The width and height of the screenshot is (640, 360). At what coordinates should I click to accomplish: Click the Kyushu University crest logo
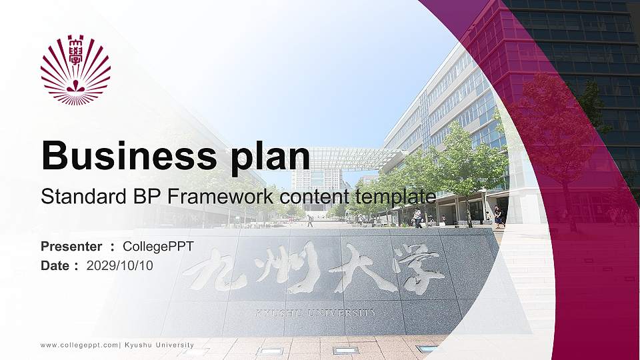[75, 70]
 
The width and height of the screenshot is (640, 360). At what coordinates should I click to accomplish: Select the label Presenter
[71, 247]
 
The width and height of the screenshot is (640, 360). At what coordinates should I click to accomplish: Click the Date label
[55, 265]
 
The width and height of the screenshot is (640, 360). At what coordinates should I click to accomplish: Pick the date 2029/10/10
[120, 265]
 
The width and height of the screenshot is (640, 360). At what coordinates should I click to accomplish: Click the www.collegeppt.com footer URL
[79, 345]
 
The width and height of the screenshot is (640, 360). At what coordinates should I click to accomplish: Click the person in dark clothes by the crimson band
[497, 217]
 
